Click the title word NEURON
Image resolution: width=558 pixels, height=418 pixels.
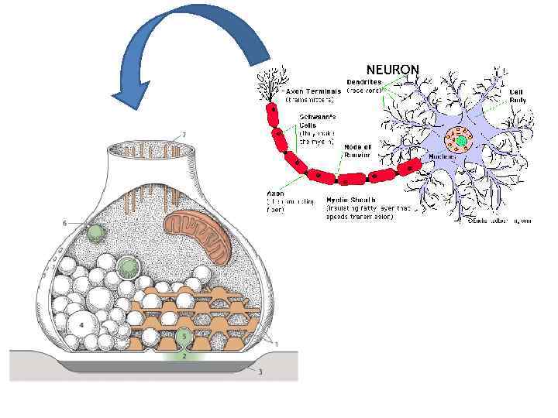(x=392, y=70)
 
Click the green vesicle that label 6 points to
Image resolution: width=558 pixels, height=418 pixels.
(x=96, y=232)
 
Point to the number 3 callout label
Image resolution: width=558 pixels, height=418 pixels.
(x=260, y=372)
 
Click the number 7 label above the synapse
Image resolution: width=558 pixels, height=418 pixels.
(x=184, y=133)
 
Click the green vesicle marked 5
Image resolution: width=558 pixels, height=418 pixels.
(x=184, y=337)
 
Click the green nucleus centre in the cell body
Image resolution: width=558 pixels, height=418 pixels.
(x=463, y=142)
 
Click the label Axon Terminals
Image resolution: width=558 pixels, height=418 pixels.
(x=314, y=91)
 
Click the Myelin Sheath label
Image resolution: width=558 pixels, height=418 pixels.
(x=350, y=200)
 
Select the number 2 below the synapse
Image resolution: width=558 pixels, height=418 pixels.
(x=184, y=356)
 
